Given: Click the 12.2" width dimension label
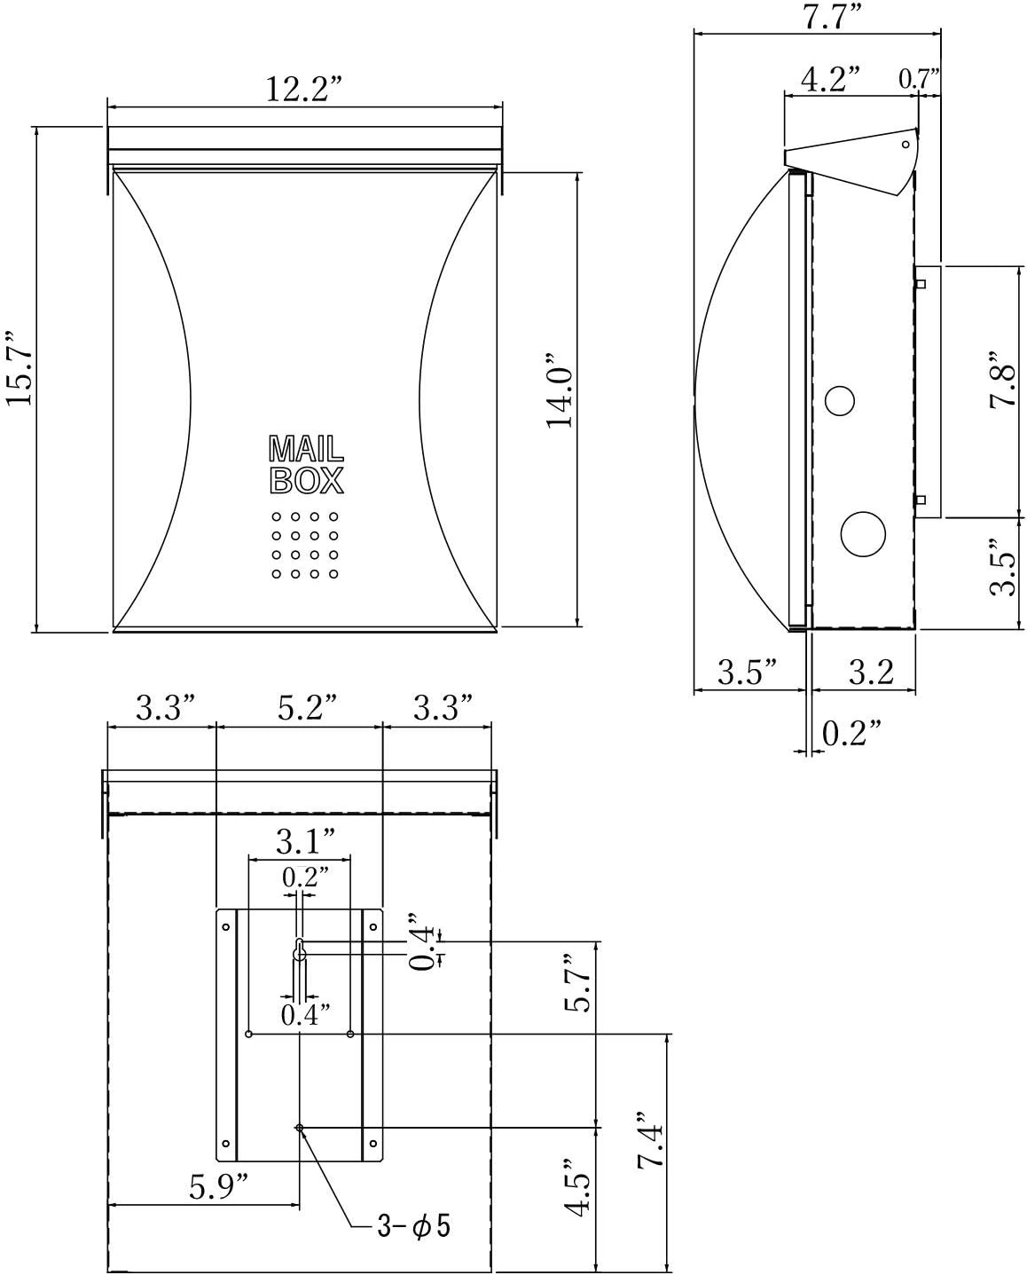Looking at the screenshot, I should click(x=303, y=89).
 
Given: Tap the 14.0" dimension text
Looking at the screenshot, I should click(x=561, y=391).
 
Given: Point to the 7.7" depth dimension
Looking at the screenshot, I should click(x=817, y=17).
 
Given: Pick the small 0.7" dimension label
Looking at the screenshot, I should click(x=919, y=79).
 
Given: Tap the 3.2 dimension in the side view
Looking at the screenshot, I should click(x=870, y=673).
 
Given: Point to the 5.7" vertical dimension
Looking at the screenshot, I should click(x=578, y=983).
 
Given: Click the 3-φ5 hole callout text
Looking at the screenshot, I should click(x=413, y=1226).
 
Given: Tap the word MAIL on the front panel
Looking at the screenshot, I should click(x=305, y=449).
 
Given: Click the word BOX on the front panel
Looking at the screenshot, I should click(x=306, y=480).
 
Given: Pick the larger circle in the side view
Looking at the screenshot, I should click(x=863, y=534).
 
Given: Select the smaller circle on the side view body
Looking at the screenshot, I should click(x=838, y=401).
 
